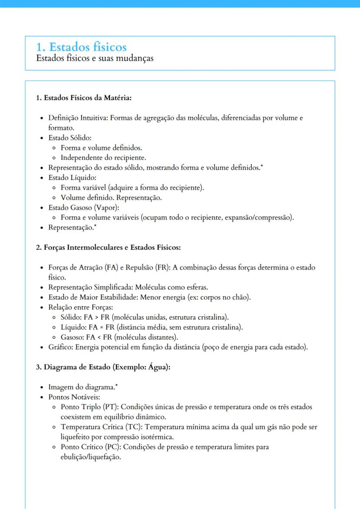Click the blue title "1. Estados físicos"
pyautogui.click(x=81, y=47)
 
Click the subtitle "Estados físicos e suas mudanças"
pyautogui.click(x=95, y=58)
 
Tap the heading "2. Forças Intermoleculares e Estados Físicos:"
pyautogui.click(x=108, y=247)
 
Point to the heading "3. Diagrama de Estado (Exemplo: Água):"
pyautogui.click(x=103, y=367)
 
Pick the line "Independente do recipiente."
pyautogui.click(x=103, y=158)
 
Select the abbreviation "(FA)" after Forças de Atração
pyautogui.click(x=111, y=268)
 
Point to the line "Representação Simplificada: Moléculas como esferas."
pyautogui.click(x=128, y=287)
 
